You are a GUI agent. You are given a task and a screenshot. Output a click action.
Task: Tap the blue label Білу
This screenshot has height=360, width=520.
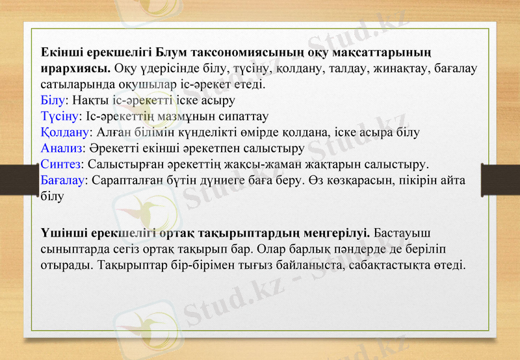(51, 100)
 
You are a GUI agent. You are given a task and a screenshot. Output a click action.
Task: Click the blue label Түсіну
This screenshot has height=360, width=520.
(58, 116)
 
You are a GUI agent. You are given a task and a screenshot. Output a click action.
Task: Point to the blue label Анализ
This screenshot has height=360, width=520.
(61, 147)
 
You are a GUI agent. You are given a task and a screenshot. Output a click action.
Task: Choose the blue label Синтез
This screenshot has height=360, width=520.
(60, 162)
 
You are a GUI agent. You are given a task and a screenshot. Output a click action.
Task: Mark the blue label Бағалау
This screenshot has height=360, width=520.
(62, 178)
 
